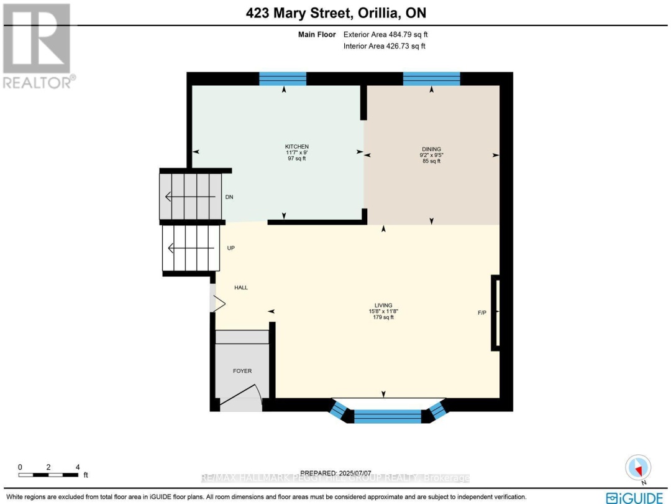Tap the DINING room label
(x=431, y=149)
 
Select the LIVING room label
(x=383, y=305)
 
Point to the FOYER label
(x=242, y=371)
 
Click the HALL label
(x=241, y=287)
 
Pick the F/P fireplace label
(x=482, y=312)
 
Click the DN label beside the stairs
(x=229, y=197)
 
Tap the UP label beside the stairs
(x=231, y=248)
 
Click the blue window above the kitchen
(x=283, y=78)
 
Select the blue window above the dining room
(x=431, y=78)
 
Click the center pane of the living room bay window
(x=387, y=416)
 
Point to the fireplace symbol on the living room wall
(x=495, y=312)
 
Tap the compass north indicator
(x=639, y=467)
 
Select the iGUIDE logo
(x=634, y=497)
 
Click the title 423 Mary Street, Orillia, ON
(x=335, y=12)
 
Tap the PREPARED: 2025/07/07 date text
(x=335, y=472)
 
